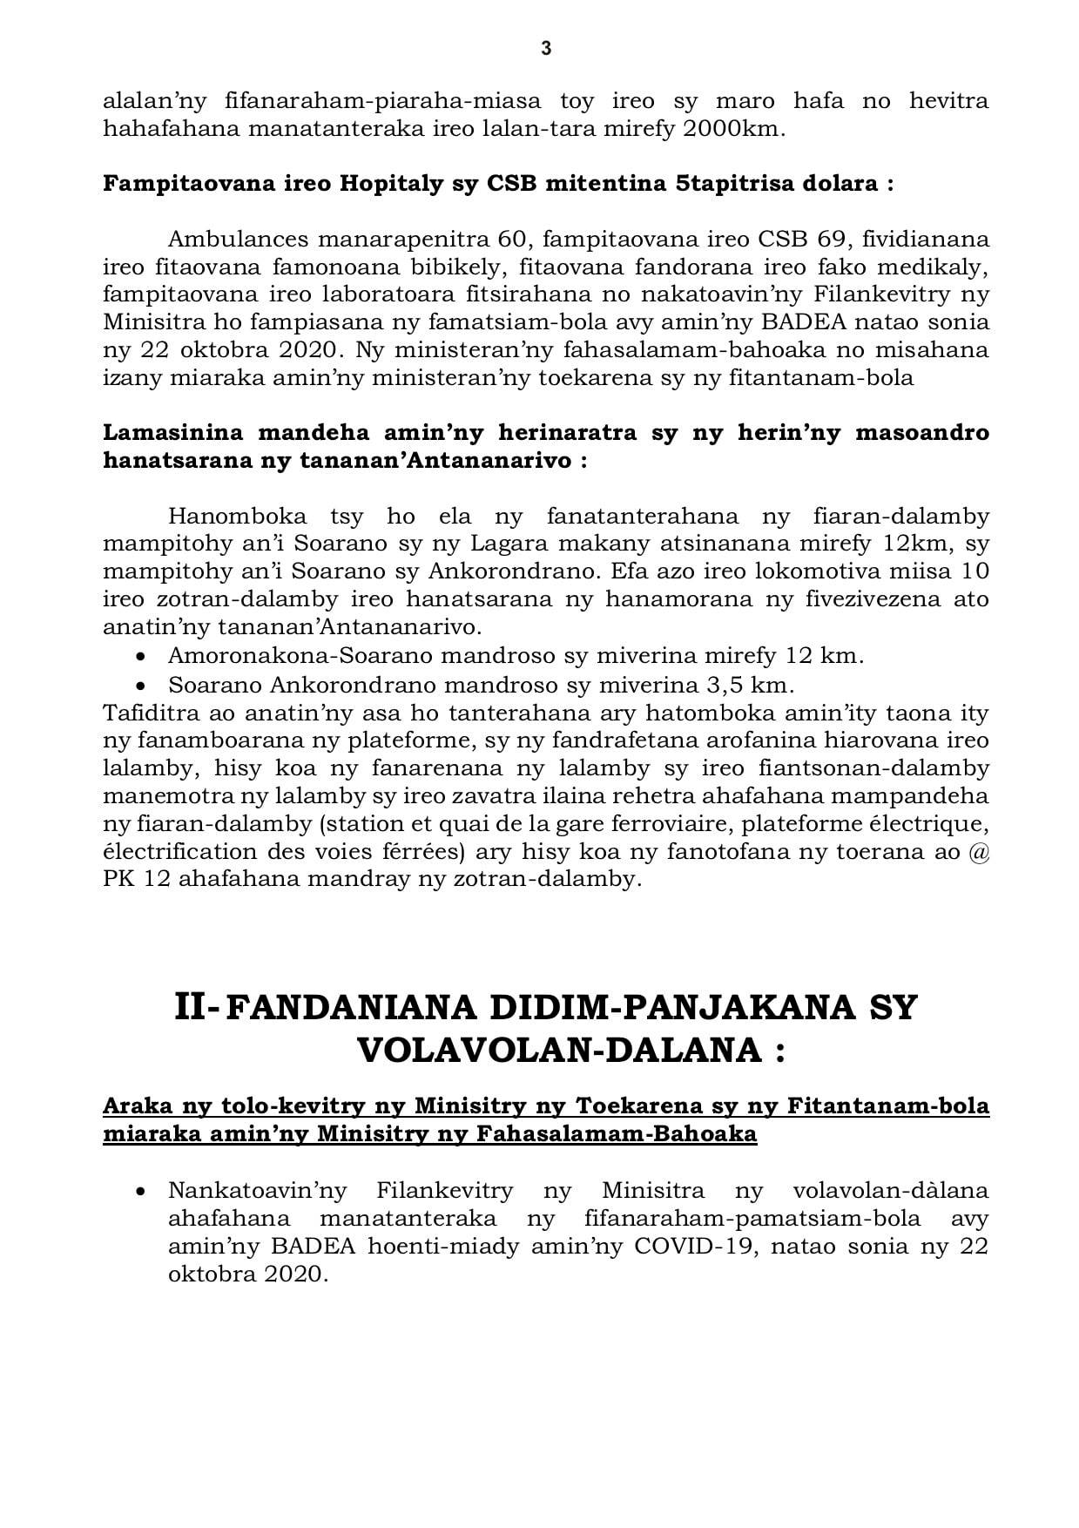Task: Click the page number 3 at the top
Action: tap(546, 49)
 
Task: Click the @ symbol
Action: tap(979, 851)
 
